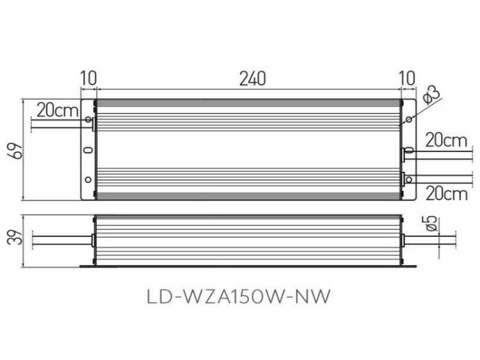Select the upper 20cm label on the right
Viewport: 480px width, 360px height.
click(445, 140)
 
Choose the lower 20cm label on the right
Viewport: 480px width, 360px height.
click(445, 192)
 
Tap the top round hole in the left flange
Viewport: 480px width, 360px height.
click(88, 119)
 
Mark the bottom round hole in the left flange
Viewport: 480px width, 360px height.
click(88, 180)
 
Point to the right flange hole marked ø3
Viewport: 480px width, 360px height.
click(408, 119)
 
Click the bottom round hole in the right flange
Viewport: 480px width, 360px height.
click(408, 180)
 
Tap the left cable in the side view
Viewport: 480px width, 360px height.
click(58, 240)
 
